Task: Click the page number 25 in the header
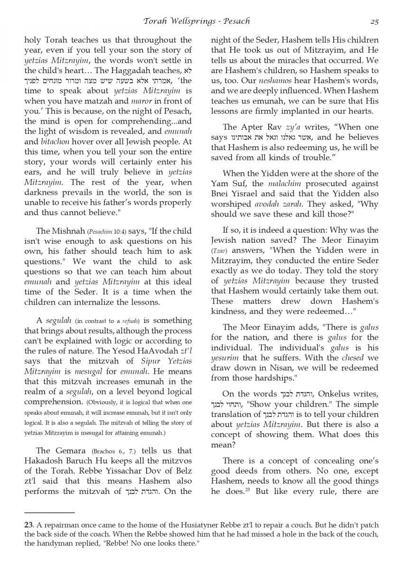[x=374, y=21]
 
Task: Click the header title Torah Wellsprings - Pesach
[x=197, y=21]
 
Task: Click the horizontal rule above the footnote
[x=49, y=513]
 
